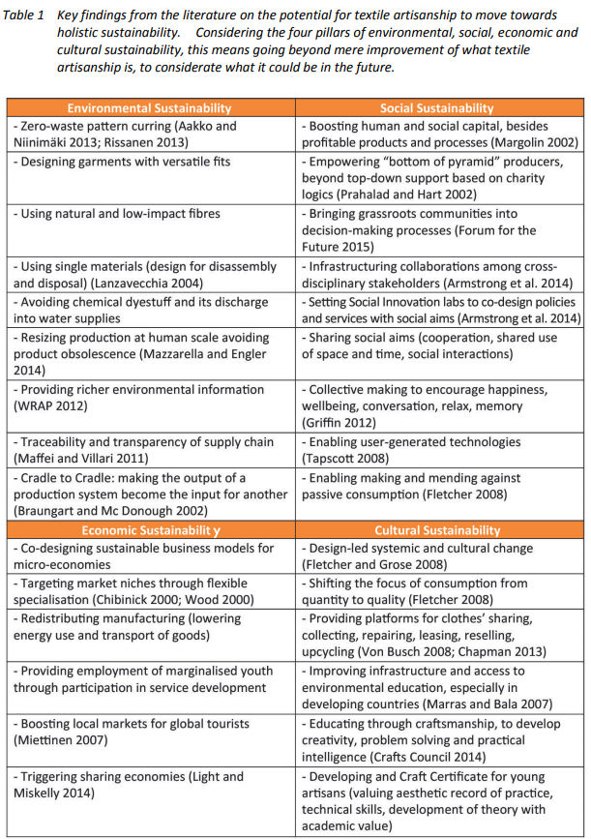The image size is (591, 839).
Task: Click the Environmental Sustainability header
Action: (149, 108)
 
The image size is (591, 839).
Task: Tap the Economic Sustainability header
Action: (149, 530)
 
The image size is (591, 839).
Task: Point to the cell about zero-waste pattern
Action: (149, 135)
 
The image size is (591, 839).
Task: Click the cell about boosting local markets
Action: (149, 731)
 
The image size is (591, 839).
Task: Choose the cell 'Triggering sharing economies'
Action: (149, 785)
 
